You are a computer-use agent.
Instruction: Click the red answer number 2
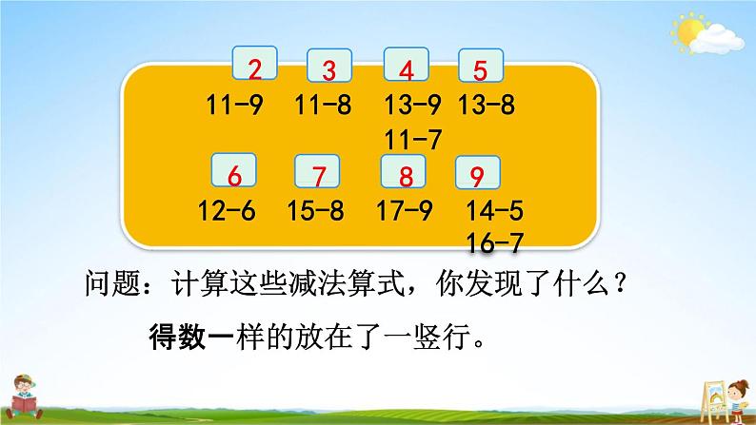click(254, 67)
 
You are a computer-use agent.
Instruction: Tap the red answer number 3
click(329, 69)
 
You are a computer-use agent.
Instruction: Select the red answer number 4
click(407, 69)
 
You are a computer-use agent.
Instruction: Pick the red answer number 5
click(480, 68)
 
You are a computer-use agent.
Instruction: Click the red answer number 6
click(235, 175)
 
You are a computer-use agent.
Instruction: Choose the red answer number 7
click(318, 175)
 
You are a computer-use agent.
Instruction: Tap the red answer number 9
click(478, 174)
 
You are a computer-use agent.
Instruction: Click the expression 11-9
click(234, 106)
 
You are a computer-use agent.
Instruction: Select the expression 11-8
click(324, 106)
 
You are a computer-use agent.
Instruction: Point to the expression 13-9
click(414, 106)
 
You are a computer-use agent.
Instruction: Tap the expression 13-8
click(486, 106)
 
